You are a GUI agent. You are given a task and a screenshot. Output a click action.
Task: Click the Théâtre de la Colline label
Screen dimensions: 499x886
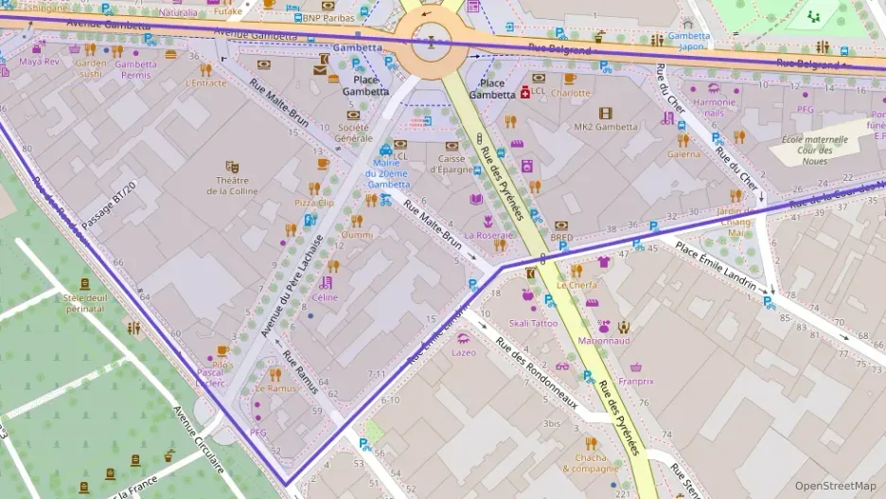pos(231,185)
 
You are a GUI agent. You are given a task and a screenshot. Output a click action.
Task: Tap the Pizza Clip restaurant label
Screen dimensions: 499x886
pos(313,203)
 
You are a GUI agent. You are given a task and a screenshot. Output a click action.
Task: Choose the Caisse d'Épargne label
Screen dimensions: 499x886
pos(452,165)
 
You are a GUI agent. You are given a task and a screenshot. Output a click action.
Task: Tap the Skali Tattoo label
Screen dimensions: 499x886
pos(534,323)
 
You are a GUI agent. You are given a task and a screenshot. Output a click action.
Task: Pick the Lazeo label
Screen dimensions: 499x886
pos(464,352)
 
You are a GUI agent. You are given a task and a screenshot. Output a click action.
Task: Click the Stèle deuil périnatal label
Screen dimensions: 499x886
pos(85,302)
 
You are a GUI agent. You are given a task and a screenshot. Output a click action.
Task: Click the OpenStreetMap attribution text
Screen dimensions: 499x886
pos(835,486)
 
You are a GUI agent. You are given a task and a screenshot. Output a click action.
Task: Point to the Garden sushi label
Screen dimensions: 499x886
pos(90,68)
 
